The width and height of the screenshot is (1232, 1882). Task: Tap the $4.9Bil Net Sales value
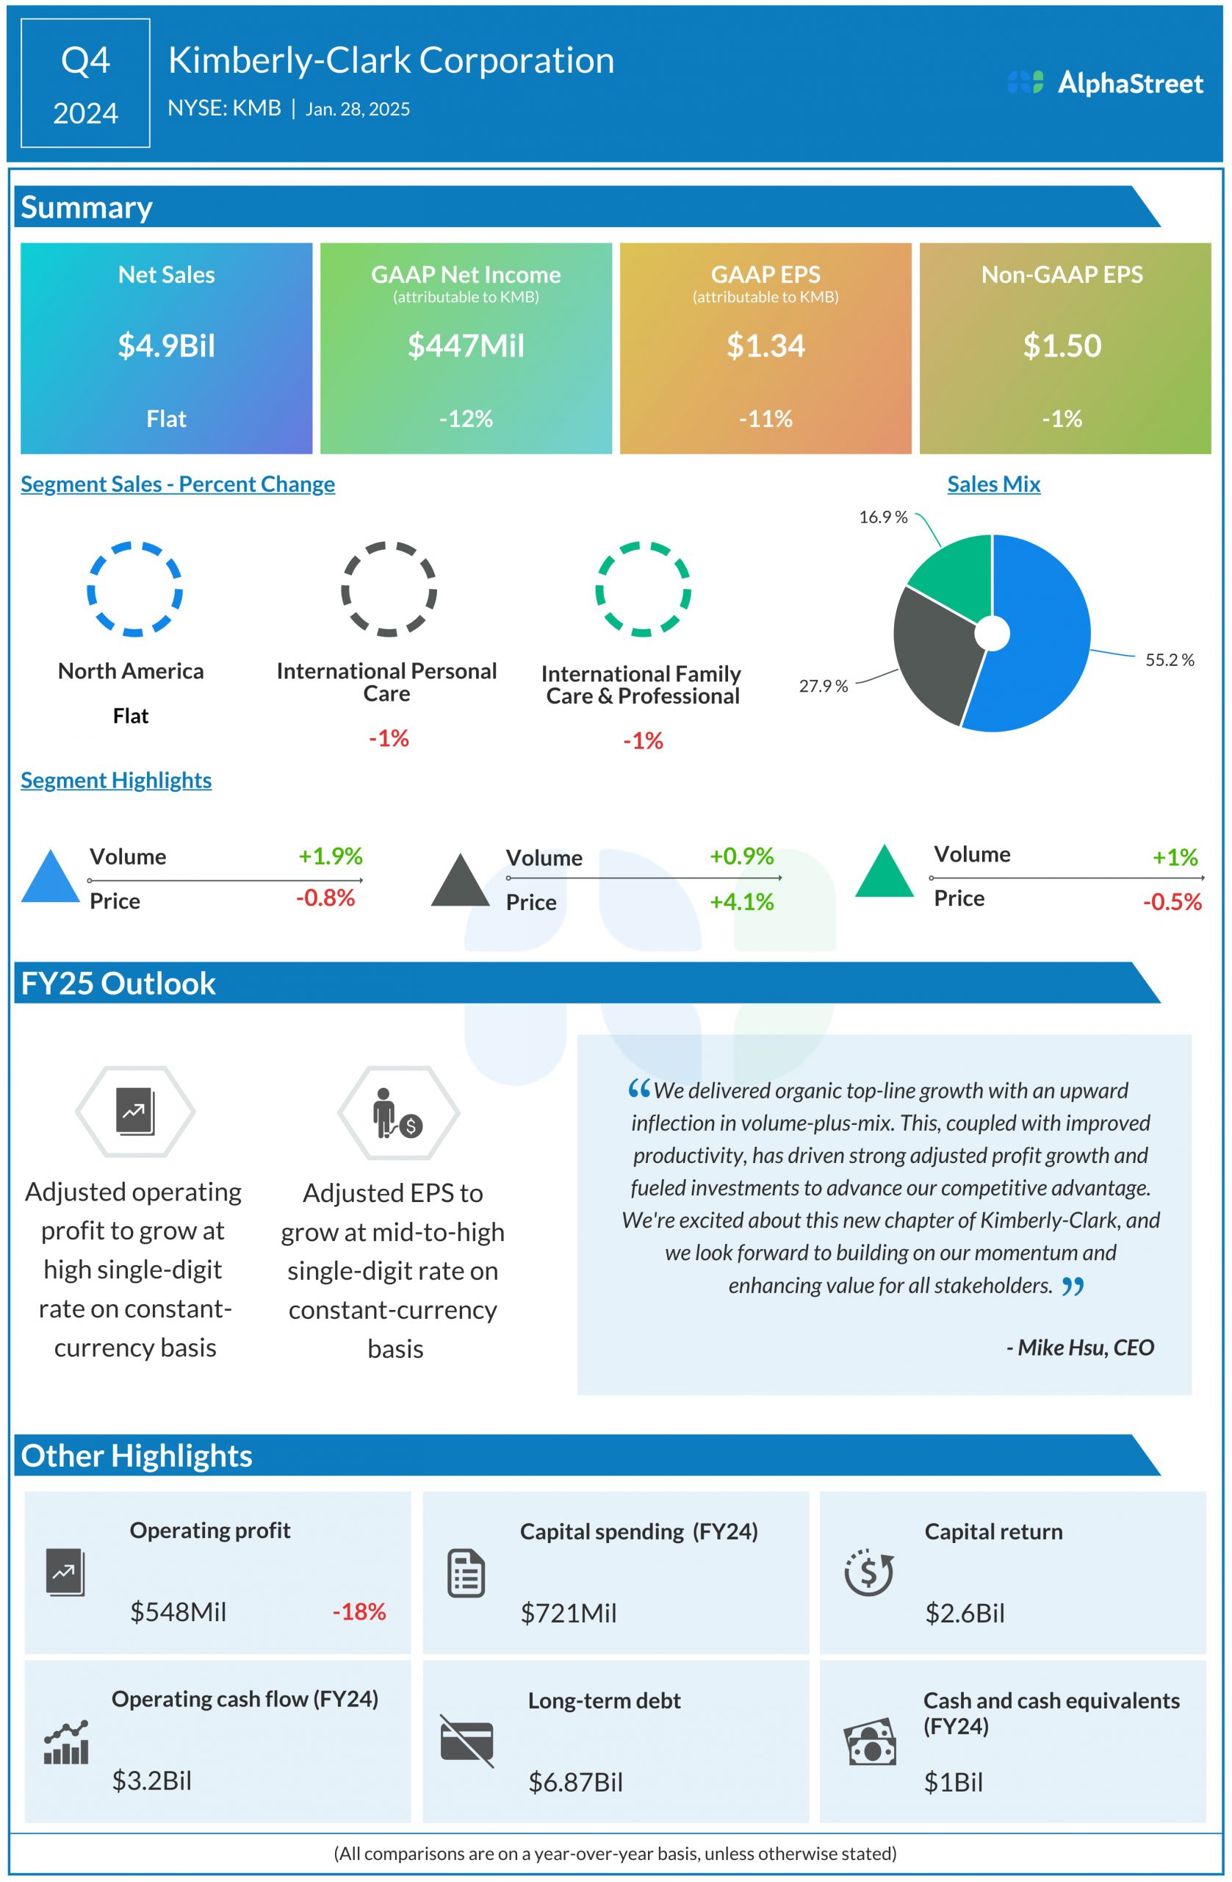coord(166,346)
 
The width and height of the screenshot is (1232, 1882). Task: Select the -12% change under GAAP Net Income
coord(466,418)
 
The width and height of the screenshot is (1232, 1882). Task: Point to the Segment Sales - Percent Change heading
coord(178,484)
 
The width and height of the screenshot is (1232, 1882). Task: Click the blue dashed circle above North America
coord(134,589)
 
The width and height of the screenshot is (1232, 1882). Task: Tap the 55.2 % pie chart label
coord(1169,659)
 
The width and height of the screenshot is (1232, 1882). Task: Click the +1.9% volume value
coord(331,856)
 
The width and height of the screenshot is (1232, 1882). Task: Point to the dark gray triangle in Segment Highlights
coord(460,881)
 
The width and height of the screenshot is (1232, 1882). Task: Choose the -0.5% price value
coord(1171,901)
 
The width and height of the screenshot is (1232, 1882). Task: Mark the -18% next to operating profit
coord(359,1611)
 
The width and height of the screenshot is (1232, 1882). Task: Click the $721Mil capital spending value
coord(568,1613)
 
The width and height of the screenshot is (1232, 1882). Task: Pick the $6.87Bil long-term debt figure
coord(575,1782)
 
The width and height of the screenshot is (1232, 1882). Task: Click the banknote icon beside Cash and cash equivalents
coord(869,1742)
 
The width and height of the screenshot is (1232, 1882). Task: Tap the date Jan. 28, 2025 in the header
coord(357,109)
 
